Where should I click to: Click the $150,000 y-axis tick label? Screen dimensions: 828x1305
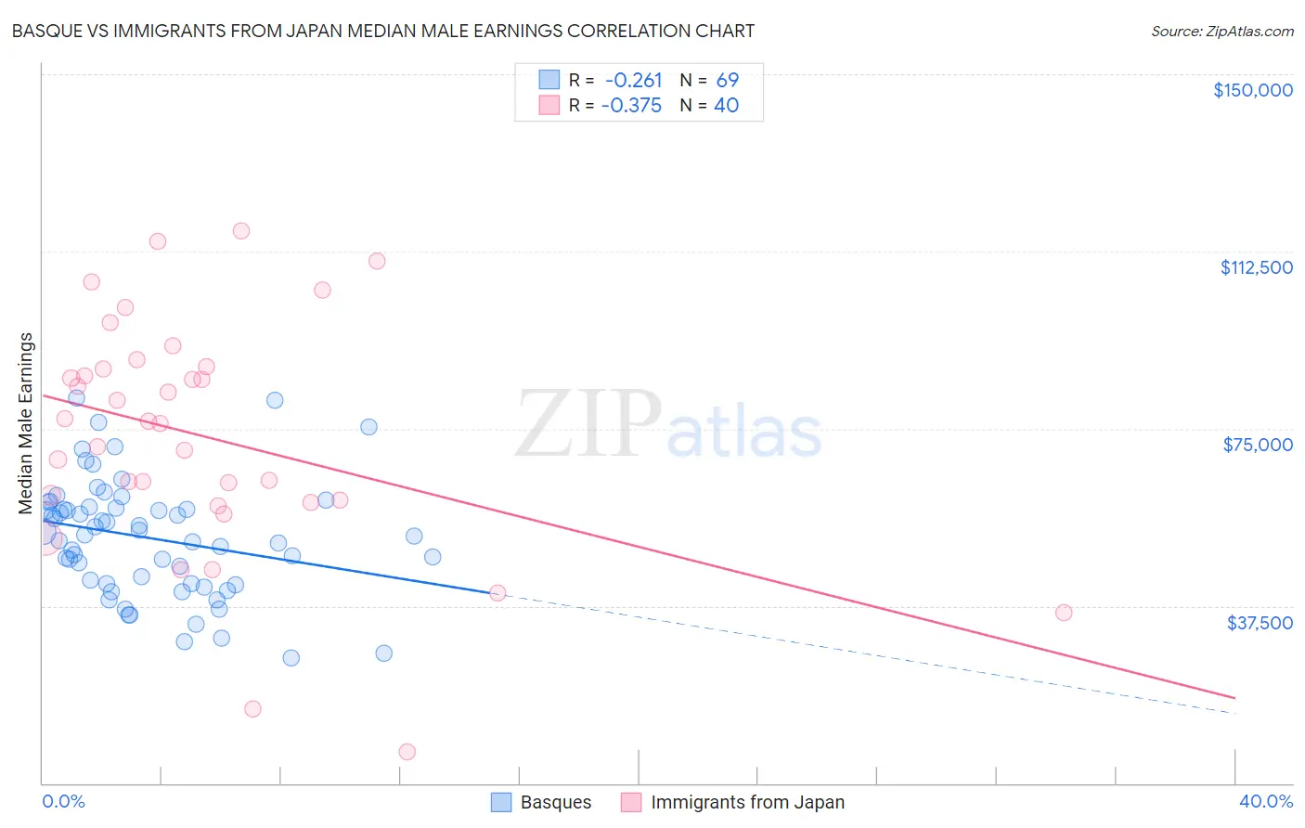coord(1252,90)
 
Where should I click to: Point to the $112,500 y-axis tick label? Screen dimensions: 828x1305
coord(1256,267)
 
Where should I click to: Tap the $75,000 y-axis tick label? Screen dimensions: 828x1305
coord(1258,445)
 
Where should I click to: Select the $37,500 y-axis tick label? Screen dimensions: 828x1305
coord(1260,623)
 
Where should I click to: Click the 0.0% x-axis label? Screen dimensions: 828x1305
coord(63,801)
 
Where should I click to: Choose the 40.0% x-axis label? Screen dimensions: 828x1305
coord(1265,801)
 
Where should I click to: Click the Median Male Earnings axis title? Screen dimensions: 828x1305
coord(26,422)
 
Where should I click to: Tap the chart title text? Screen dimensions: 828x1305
coord(382,31)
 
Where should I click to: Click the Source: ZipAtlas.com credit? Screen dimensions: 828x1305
coord(1221,32)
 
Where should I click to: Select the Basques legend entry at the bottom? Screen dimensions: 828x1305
coord(555,802)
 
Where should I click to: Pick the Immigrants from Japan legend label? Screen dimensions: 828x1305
coord(747,802)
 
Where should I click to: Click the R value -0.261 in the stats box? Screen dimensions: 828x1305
coord(633,81)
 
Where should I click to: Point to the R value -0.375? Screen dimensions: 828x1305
coord(631,105)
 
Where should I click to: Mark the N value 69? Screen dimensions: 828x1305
coord(727,81)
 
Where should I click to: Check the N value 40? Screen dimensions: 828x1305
coord(726,105)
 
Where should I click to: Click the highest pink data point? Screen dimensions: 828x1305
coord(241,231)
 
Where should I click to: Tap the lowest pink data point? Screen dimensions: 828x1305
coord(407,752)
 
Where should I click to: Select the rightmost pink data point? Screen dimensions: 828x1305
coord(1064,613)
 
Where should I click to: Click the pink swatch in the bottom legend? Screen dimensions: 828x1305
coord(631,802)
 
